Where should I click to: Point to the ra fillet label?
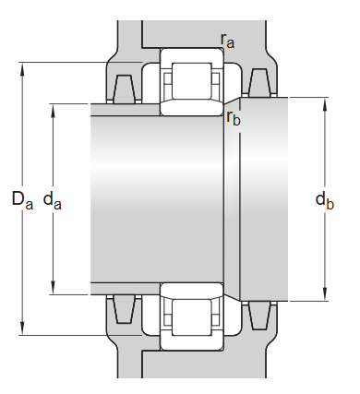coord(227,40)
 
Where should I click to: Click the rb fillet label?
coord(234,118)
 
